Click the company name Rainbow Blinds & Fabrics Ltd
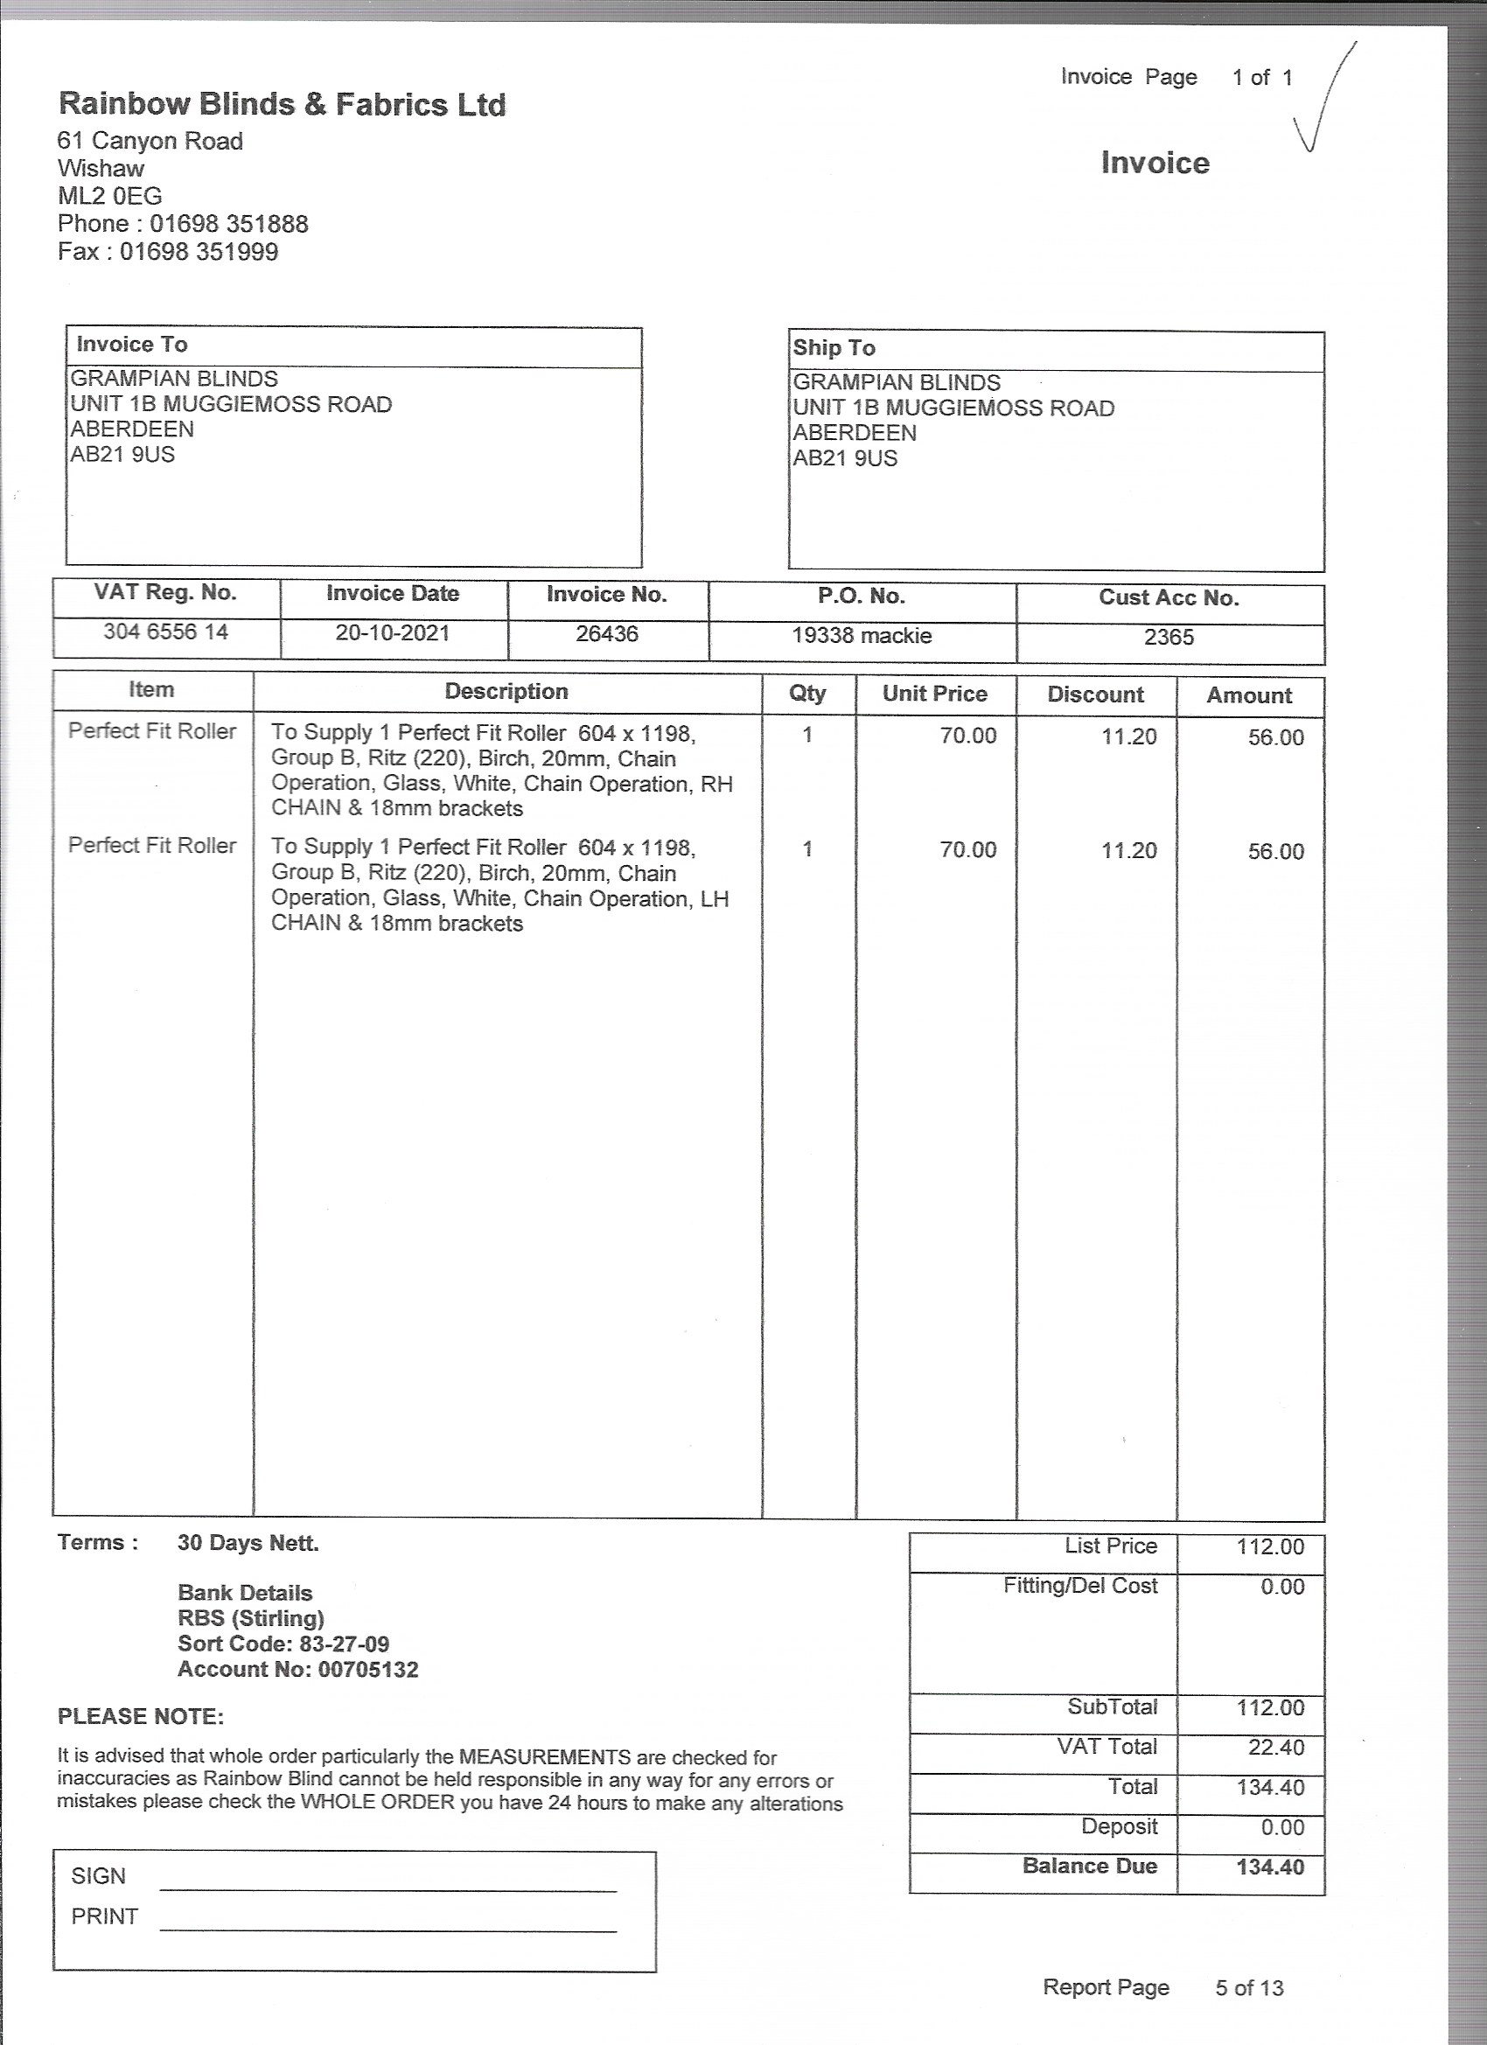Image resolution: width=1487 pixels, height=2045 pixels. (x=282, y=105)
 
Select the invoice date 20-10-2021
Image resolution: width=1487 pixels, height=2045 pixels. (x=392, y=633)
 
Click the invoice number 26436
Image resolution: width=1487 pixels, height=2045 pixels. (x=607, y=634)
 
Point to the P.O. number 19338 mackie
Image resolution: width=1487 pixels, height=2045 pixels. (x=862, y=636)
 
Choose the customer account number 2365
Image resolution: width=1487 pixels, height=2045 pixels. (x=1169, y=638)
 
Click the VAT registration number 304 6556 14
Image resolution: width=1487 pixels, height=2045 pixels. (x=166, y=632)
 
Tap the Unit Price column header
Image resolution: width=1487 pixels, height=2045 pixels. (x=934, y=694)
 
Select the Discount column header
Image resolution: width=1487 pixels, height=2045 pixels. (x=1095, y=694)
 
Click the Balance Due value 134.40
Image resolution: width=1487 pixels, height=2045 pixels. (x=1270, y=1867)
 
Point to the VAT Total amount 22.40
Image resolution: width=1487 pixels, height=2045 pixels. (x=1275, y=1748)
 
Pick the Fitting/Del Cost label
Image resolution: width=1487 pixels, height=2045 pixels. (x=1079, y=1586)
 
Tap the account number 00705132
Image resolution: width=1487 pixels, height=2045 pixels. (x=368, y=1669)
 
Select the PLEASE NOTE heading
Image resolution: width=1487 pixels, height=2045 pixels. (x=141, y=1716)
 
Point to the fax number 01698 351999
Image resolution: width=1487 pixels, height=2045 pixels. (x=199, y=252)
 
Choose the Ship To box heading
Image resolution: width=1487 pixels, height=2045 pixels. (x=834, y=348)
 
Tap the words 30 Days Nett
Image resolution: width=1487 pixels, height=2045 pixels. (x=248, y=1543)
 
